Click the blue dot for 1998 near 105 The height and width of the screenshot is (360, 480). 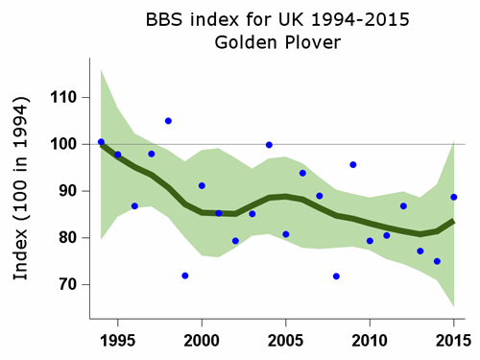tap(168, 121)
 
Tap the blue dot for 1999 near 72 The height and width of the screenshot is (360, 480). tap(185, 276)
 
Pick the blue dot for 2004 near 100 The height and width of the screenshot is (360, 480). tap(269, 145)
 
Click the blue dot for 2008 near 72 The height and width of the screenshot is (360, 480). tap(336, 276)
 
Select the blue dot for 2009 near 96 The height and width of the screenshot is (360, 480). tap(353, 165)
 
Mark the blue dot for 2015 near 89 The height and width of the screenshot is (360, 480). tap(454, 198)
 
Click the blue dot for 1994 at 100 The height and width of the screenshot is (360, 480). tap(101, 142)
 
